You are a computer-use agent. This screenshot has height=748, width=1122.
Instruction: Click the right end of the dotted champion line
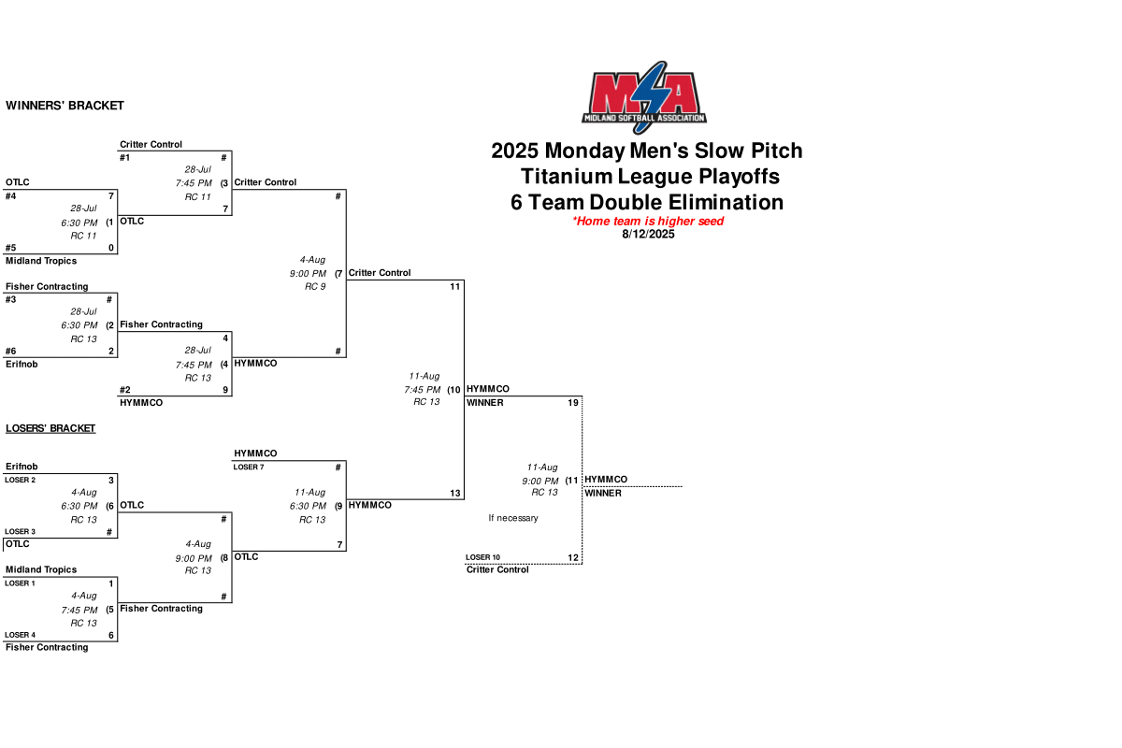click(683, 486)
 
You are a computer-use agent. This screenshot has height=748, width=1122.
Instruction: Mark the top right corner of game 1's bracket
click(117, 190)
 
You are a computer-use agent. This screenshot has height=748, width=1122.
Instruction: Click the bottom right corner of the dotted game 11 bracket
click(582, 564)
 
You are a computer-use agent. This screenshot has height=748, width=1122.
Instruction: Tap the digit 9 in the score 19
click(576, 403)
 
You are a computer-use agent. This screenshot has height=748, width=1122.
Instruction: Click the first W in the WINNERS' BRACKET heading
click(10, 106)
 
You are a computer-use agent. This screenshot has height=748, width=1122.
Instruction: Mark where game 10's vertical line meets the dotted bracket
click(465, 396)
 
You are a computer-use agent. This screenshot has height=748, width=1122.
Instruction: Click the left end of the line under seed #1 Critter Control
click(118, 151)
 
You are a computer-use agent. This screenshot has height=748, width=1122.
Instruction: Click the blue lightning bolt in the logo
click(650, 96)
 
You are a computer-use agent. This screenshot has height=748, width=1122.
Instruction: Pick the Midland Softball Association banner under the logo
click(644, 118)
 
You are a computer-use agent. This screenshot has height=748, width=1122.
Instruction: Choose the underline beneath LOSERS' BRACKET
click(50, 434)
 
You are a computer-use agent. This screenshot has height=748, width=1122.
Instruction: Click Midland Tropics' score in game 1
click(111, 248)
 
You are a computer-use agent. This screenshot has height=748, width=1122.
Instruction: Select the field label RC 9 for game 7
click(315, 286)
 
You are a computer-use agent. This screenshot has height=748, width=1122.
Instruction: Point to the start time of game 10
click(423, 390)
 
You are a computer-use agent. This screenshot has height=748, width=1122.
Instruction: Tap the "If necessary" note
click(513, 518)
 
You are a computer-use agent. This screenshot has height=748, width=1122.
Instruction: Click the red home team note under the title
click(648, 221)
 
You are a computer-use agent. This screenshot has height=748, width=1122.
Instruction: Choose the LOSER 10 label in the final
click(482, 557)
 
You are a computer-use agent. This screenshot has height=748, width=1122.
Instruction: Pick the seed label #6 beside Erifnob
click(10, 352)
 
